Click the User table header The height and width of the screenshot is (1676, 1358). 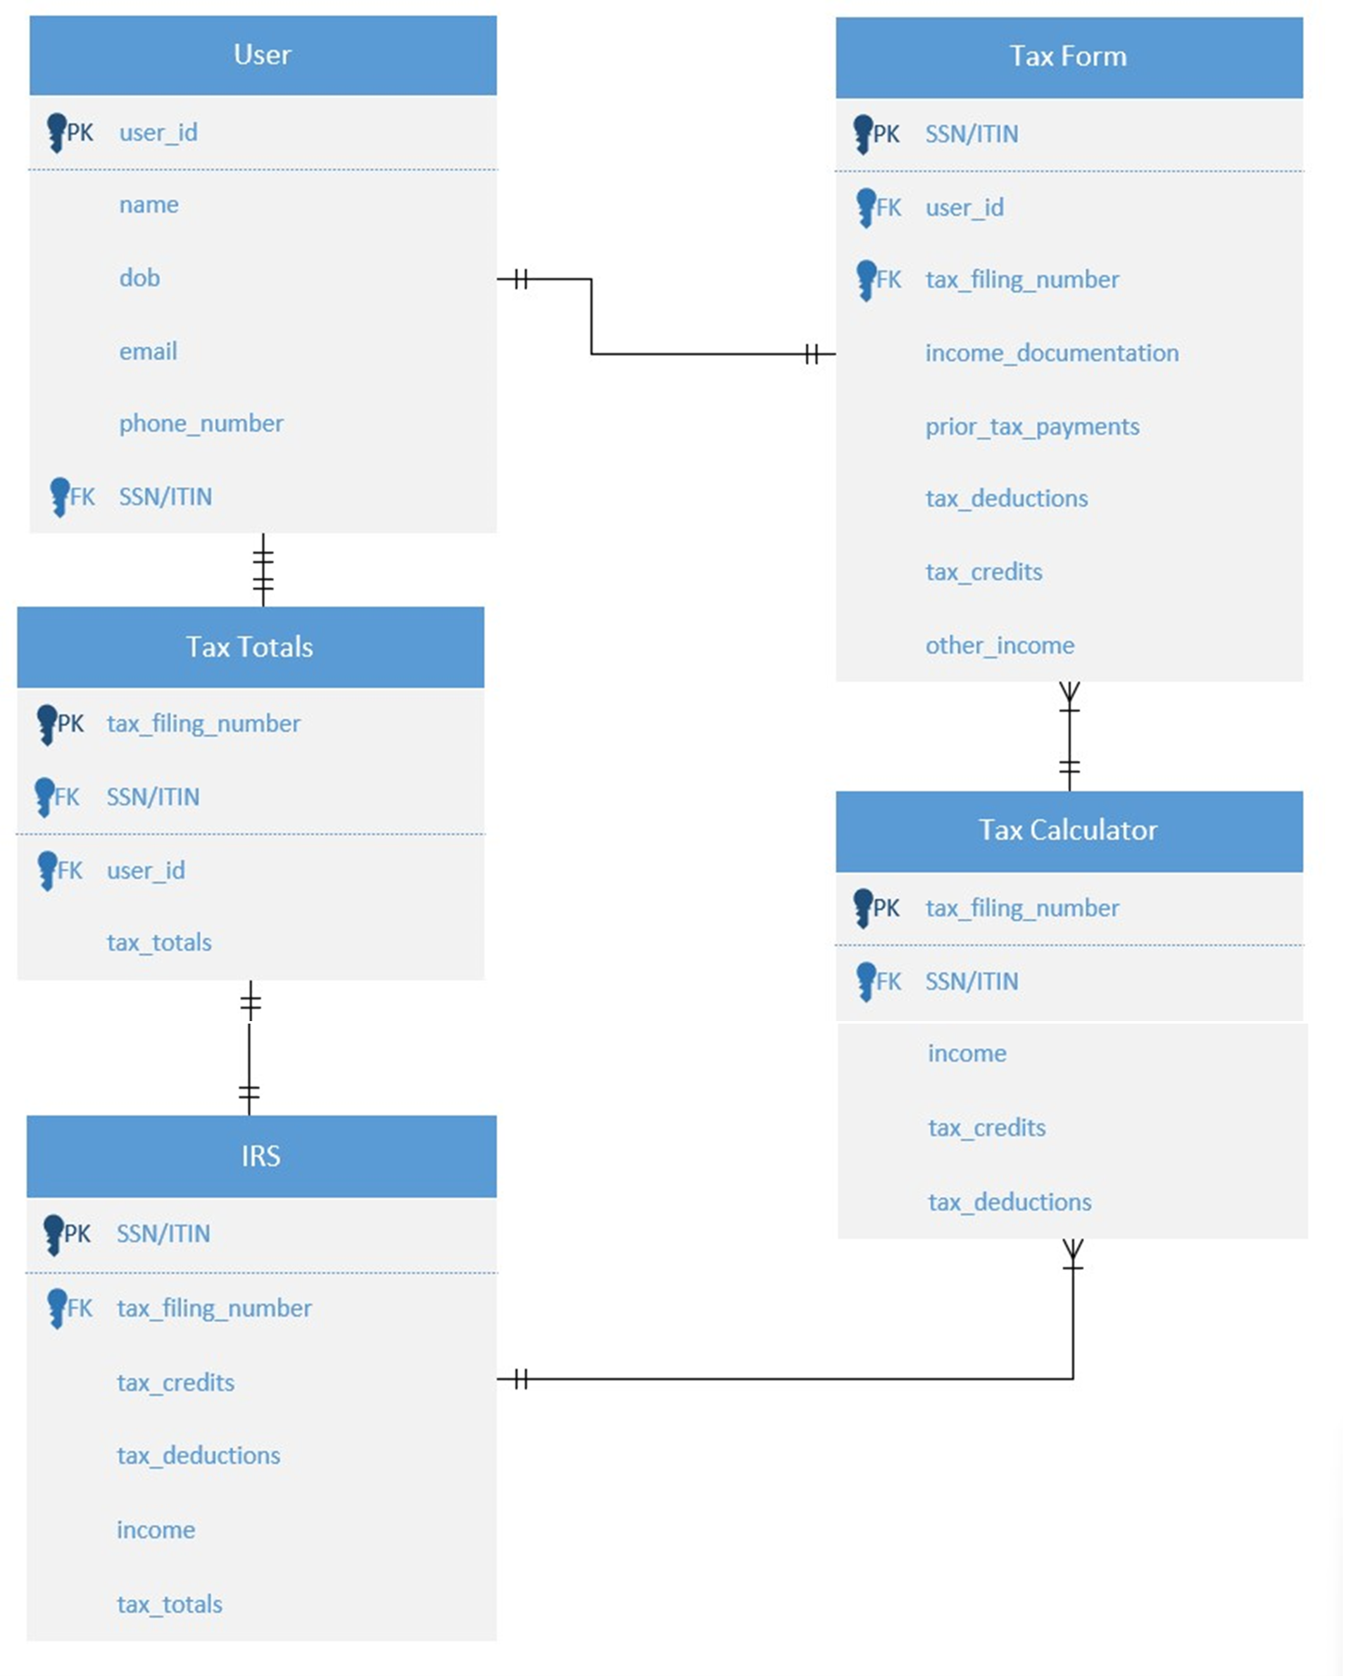pos(263,54)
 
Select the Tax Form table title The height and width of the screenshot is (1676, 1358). pos(1069,56)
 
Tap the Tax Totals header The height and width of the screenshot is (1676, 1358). pos(249,647)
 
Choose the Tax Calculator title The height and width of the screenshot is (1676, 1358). pos(1069,830)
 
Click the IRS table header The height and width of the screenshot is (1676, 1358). pos(260,1157)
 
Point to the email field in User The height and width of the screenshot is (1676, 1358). pos(148,352)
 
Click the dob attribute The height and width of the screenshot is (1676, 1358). pos(139,278)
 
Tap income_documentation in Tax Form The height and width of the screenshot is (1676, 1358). pos(1052,353)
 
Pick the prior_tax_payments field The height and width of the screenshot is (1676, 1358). pos(1033,426)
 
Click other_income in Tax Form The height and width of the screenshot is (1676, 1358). pos(1000,645)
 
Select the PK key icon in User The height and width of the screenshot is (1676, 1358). pos(56,132)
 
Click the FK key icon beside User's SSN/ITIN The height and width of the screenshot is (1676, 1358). pos(60,496)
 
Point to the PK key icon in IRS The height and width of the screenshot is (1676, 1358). pos(53,1234)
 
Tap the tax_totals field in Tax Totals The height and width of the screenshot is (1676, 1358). pos(160,943)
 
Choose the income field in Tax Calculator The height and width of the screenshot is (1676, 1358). pos(967,1054)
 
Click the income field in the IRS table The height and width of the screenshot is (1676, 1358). pos(156,1530)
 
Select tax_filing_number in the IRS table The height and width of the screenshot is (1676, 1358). pos(215,1308)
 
